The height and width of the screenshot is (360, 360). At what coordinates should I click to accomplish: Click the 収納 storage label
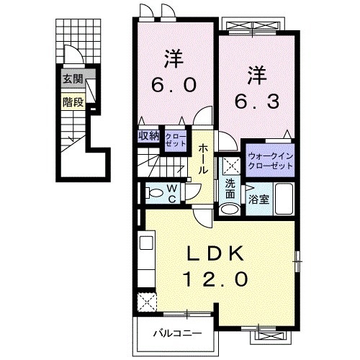(x=148, y=135)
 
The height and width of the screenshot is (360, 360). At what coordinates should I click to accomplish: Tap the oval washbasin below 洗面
(x=228, y=210)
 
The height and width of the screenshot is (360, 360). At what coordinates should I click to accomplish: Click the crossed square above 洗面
(x=230, y=165)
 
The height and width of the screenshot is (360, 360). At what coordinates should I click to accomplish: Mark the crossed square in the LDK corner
(x=148, y=299)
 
